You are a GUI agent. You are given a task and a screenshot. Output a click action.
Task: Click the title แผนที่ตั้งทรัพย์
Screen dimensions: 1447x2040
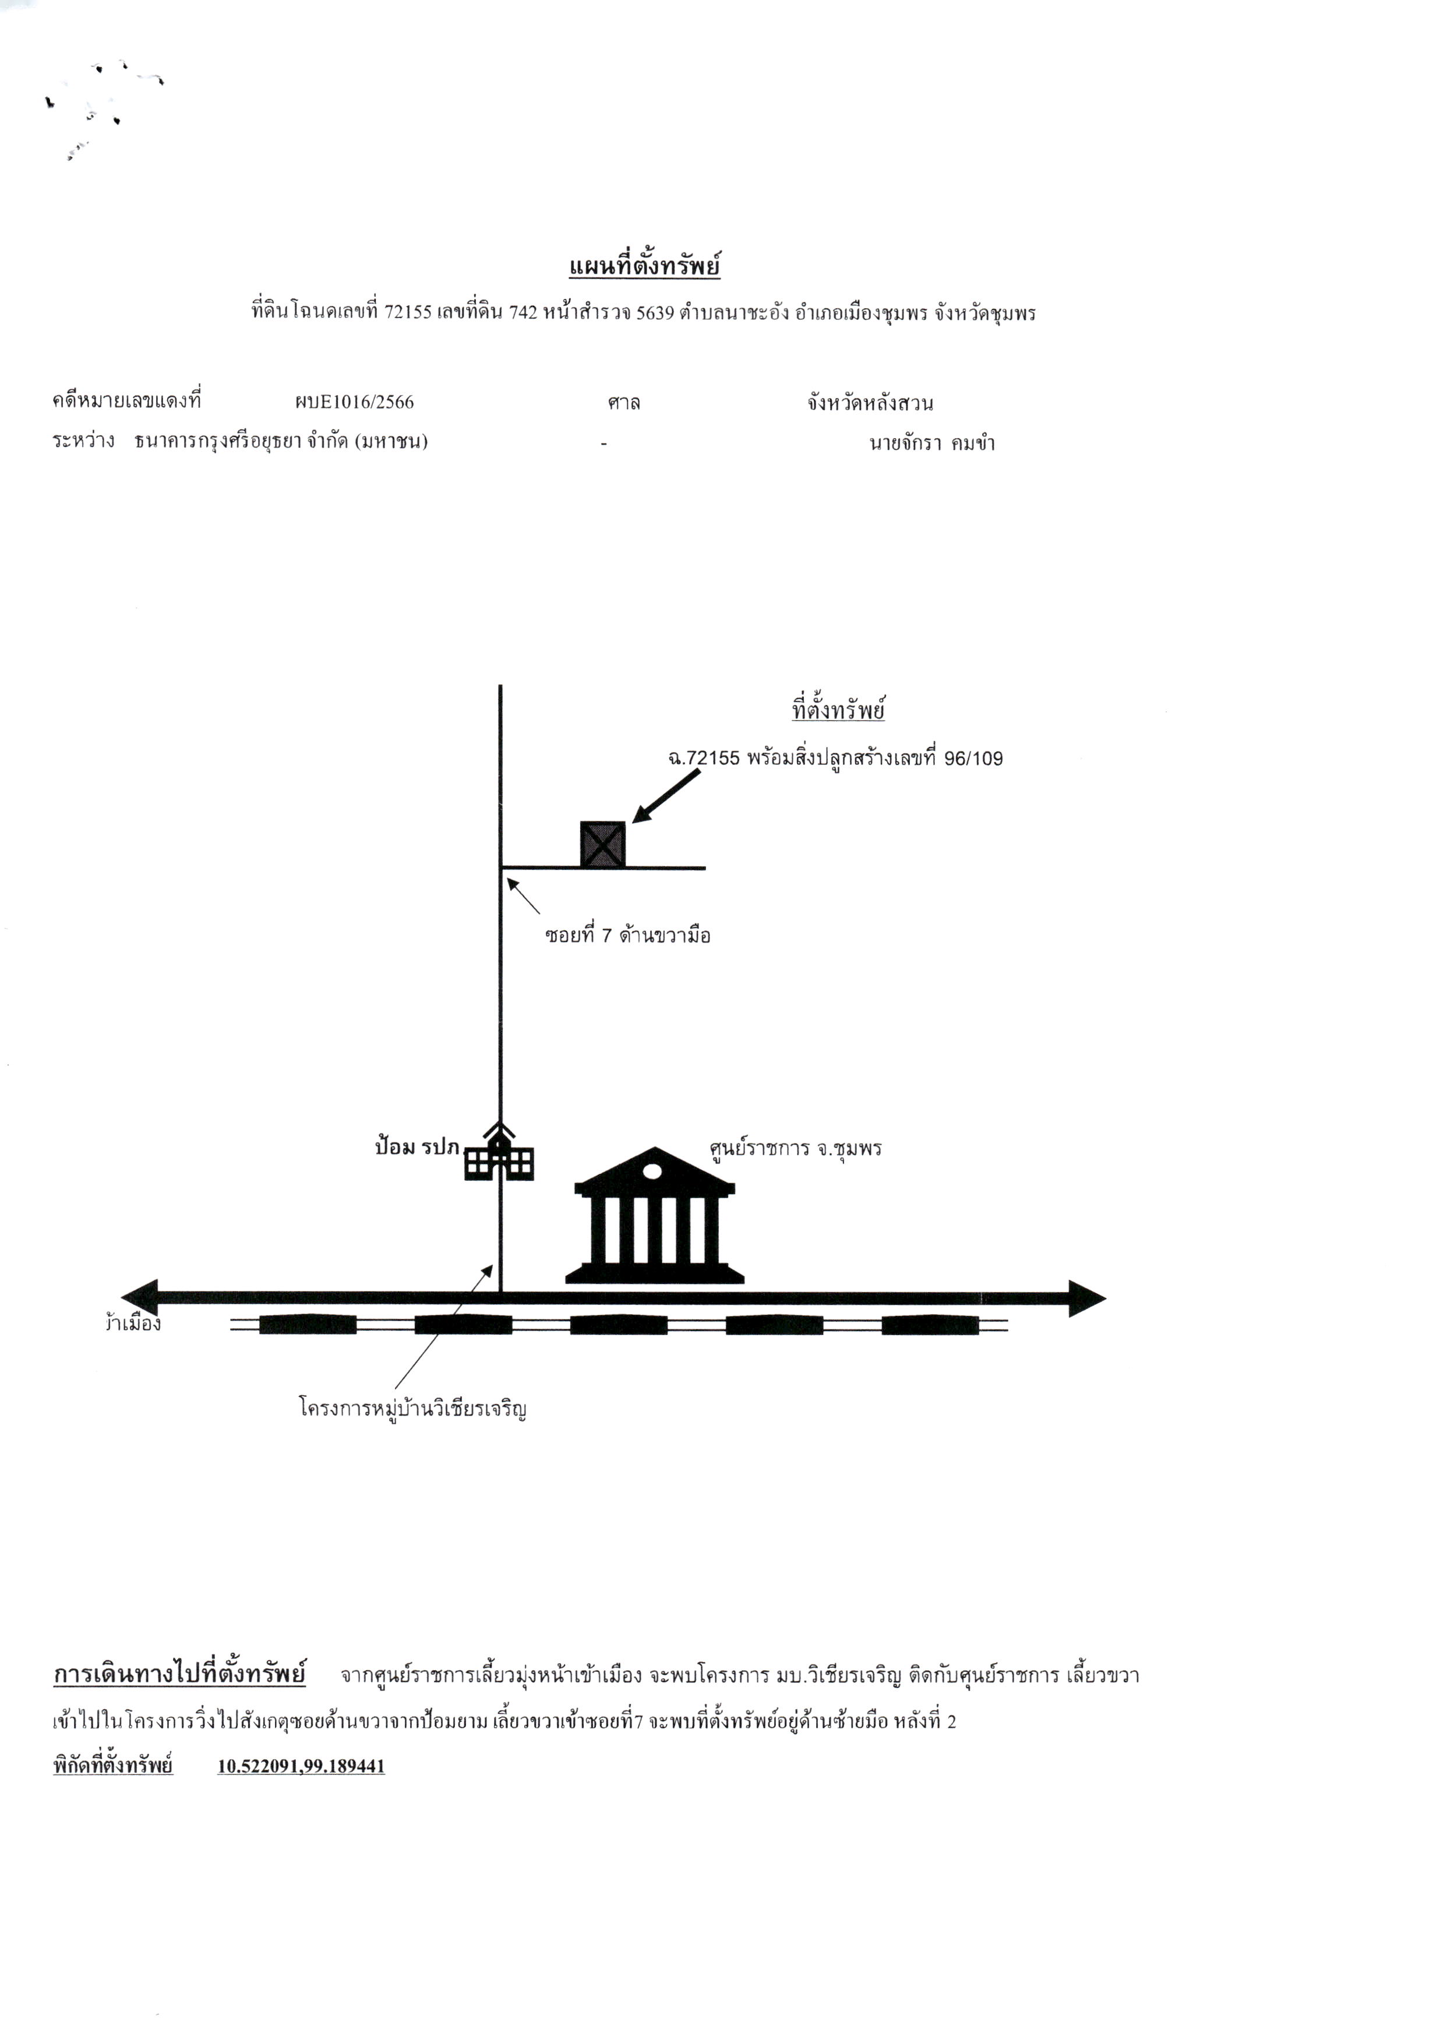[x=644, y=266]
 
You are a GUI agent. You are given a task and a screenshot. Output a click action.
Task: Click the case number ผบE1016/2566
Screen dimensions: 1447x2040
[x=355, y=402]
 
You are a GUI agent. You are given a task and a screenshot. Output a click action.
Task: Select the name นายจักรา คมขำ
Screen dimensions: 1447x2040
[x=932, y=443]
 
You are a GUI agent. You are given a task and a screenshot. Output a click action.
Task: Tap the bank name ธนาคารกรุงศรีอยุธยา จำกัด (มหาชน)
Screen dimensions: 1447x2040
[x=281, y=441]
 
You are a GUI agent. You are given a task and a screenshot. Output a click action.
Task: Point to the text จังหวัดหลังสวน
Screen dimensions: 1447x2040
[x=870, y=403]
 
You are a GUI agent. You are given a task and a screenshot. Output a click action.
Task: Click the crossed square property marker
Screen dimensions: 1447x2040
[x=602, y=843]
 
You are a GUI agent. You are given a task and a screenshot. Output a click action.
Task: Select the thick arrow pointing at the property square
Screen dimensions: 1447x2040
[x=666, y=796]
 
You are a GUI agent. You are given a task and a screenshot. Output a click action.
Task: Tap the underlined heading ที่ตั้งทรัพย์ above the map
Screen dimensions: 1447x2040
[x=838, y=711]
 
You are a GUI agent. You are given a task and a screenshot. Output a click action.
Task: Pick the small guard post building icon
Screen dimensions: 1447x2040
[x=499, y=1152]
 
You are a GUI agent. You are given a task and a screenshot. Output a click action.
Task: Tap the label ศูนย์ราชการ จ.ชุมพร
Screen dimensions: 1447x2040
[x=795, y=1148]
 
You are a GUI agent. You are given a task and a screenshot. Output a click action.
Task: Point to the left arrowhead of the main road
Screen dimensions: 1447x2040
[x=140, y=1298]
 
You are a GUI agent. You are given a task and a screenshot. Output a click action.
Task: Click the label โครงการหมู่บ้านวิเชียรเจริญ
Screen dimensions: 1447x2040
[x=412, y=1409]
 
